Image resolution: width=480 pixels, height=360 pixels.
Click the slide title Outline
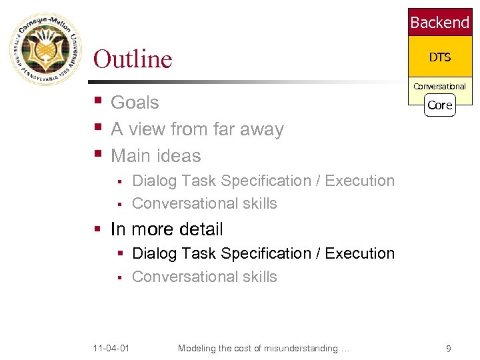pyautogui.click(x=133, y=59)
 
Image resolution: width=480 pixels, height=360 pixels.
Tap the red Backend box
pyautogui.click(x=439, y=23)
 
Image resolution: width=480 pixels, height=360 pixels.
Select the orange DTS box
pyautogui.click(x=439, y=57)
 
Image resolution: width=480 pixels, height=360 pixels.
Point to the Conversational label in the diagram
pyautogui.click(x=439, y=86)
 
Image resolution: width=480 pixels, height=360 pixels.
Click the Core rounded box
pyautogui.click(x=439, y=105)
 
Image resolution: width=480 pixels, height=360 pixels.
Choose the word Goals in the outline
pyautogui.click(x=135, y=103)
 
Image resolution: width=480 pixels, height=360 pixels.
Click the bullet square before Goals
pyautogui.click(x=97, y=102)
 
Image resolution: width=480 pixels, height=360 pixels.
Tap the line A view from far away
pyautogui.click(x=197, y=129)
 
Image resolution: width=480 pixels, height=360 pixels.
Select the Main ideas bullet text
pyautogui.click(x=155, y=156)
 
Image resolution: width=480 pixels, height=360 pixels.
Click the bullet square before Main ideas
pyautogui.click(x=97, y=155)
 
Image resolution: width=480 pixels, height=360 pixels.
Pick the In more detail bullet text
pyautogui.click(x=167, y=229)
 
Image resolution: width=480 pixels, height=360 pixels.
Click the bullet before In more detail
pyautogui.click(x=97, y=229)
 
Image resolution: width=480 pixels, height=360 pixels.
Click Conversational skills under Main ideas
pyautogui.click(x=204, y=203)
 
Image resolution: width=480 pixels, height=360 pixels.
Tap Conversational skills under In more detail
pyautogui.click(x=204, y=277)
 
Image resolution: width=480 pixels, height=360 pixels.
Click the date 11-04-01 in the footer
pyautogui.click(x=111, y=348)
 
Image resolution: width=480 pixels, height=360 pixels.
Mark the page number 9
pyautogui.click(x=448, y=348)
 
